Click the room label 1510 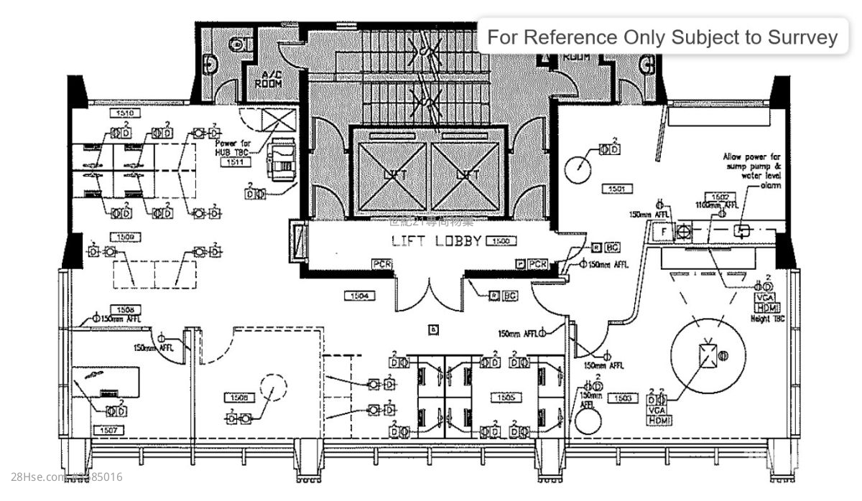(124, 113)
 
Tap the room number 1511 (234, 162)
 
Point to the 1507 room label (108, 430)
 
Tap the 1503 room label (622, 397)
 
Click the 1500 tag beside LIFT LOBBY (501, 241)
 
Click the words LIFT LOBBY (435, 241)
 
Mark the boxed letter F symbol (663, 231)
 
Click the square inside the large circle (707, 355)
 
